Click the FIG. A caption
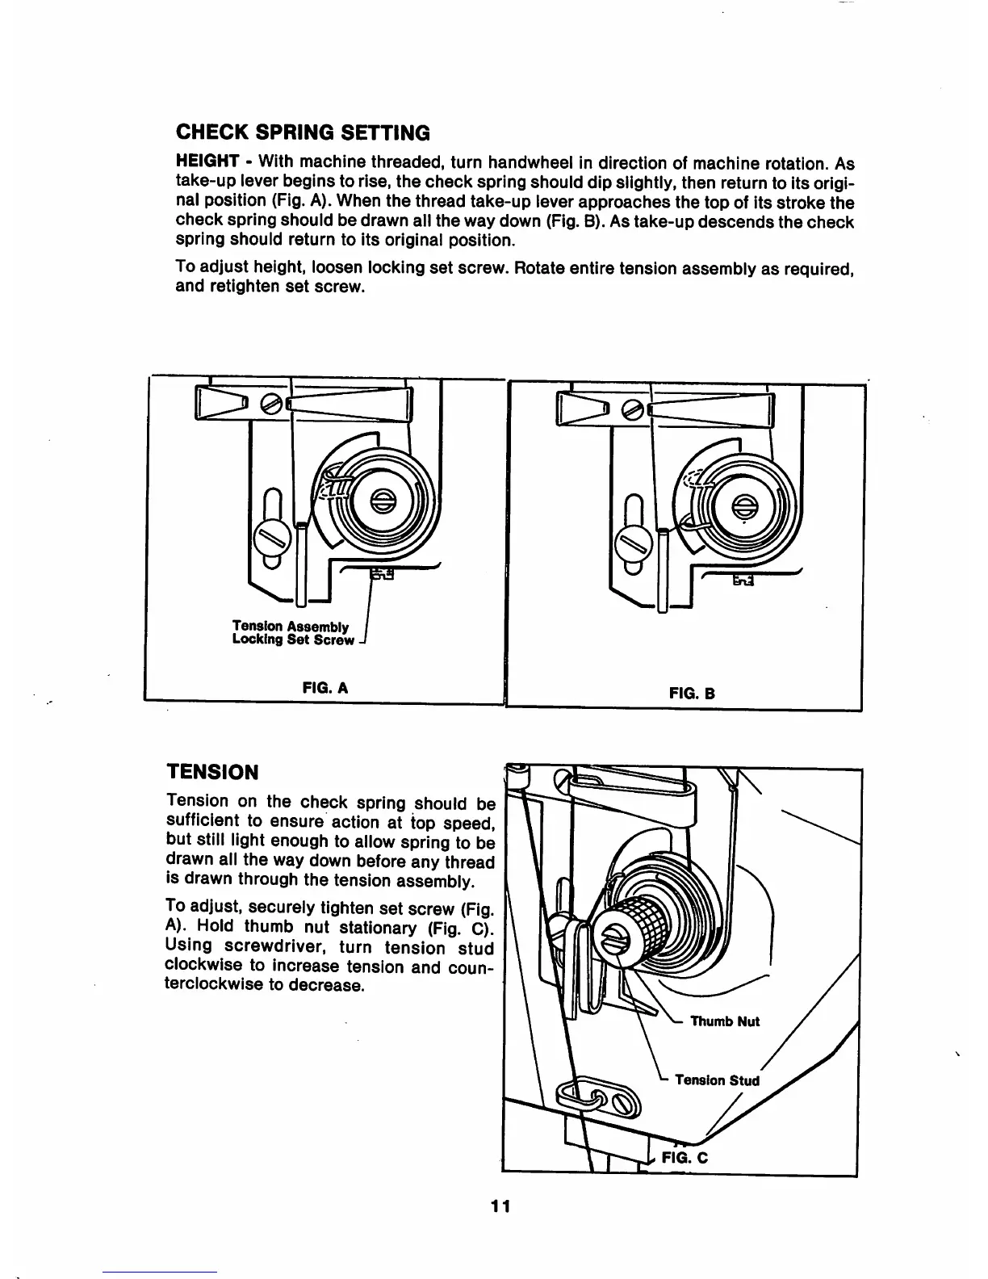tap(323, 688)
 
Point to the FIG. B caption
tap(693, 692)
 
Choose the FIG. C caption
tap(684, 1156)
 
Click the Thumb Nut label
tap(725, 1021)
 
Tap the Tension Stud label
tap(717, 1080)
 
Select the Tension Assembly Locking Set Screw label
tap(292, 633)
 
